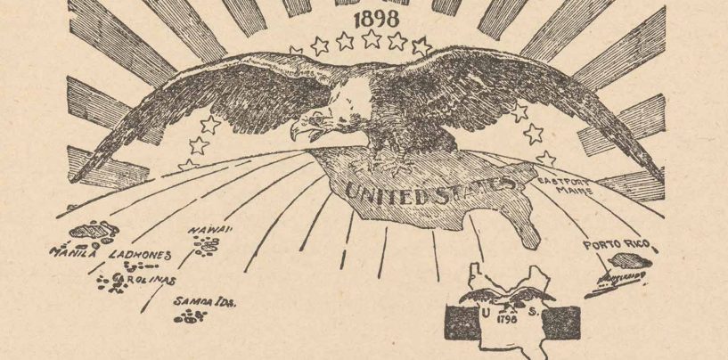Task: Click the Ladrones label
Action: coord(139,255)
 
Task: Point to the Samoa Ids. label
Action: coord(205,302)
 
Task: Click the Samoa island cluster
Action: coord(189,317)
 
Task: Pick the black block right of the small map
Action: coord(558,320)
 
